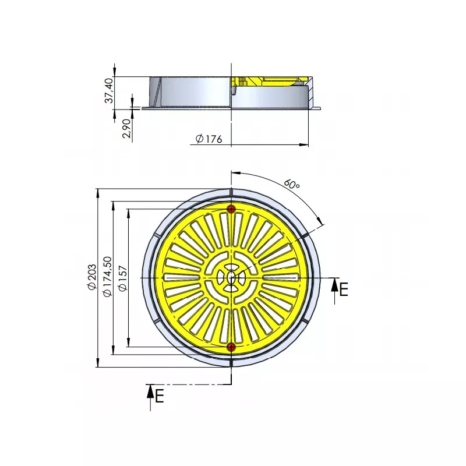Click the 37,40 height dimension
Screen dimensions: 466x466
coord(110,90)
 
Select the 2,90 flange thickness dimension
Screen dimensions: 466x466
coord(126,128)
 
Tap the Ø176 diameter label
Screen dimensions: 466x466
coord(209,139)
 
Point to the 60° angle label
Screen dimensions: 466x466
coord(292,184)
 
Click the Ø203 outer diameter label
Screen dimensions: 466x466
coord(92,277)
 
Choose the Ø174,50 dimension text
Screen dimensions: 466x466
coord(107,276)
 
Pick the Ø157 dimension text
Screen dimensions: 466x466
coord(122,278)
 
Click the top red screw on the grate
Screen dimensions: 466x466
coord(231,209)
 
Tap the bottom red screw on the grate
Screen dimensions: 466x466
coord(231,347)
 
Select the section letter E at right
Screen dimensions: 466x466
coord(344,289)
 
